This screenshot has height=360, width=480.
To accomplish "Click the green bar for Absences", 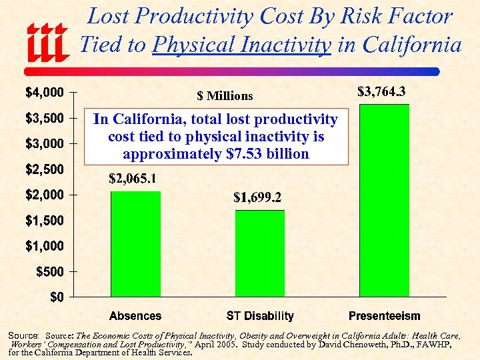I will (135, 243).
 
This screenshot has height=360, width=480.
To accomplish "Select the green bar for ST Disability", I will (260, 253).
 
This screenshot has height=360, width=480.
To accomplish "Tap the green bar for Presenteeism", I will (385, 200).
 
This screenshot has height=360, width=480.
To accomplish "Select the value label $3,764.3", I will (382, 91).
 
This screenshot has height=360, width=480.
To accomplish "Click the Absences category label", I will (135, 316).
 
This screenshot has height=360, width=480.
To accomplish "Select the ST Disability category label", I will (260, 316).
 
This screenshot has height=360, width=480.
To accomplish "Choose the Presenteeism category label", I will (385, 316).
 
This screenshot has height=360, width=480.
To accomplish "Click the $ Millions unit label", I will (225, 96).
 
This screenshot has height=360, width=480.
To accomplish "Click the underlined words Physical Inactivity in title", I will (242, 45).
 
